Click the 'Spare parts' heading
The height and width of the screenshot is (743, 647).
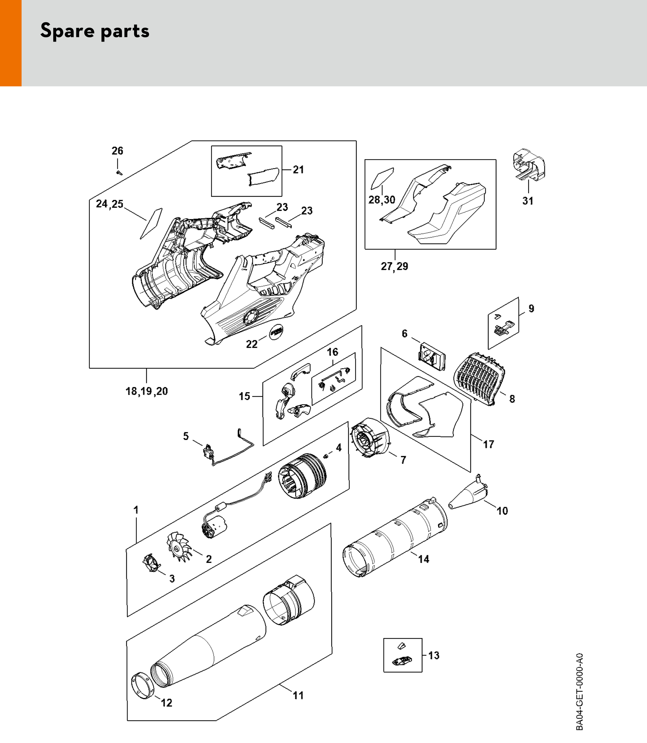[95, 31]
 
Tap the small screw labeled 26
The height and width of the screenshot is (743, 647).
[119, 173]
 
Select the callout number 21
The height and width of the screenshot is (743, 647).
[298, 169]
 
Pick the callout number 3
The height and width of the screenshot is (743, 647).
[172, 578]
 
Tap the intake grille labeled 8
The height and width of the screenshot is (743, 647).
[479, 379]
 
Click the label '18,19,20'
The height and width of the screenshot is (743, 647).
[147, 391]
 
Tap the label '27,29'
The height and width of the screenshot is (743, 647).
[394, 266]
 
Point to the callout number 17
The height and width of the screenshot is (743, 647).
[489, 444]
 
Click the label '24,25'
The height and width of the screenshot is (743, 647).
[110, 204]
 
